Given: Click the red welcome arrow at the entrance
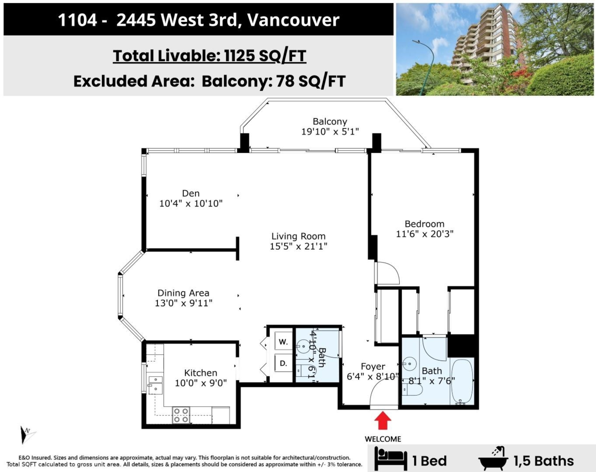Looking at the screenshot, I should pos(382,421).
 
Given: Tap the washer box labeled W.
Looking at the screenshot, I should pos(283,341).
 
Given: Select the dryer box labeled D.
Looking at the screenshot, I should pos(283,363).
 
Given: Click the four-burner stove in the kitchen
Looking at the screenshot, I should pos(181,415).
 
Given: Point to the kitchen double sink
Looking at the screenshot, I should pos(155,385).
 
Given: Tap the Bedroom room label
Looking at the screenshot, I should pos(424,224).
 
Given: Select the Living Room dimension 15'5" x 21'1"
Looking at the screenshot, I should pos(298,246).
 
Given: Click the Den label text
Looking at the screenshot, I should pos(191,194).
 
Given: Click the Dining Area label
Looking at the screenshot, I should pos(183,293).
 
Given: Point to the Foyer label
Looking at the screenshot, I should pos(372,367).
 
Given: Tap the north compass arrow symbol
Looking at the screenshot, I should pos(26,434).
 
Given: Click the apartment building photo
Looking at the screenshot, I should pos(495,49).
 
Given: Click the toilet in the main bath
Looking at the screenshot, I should pos(412,392).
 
